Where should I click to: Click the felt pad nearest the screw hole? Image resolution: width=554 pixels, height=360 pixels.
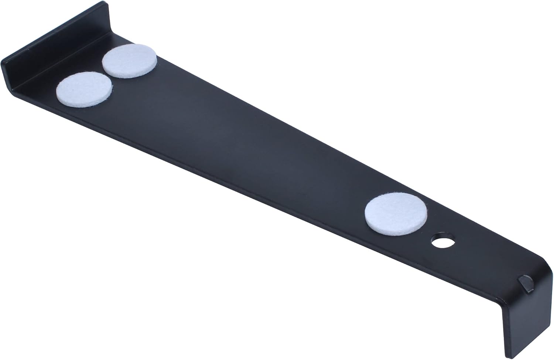point(396,215)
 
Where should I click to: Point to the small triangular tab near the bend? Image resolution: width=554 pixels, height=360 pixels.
point(526,283)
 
